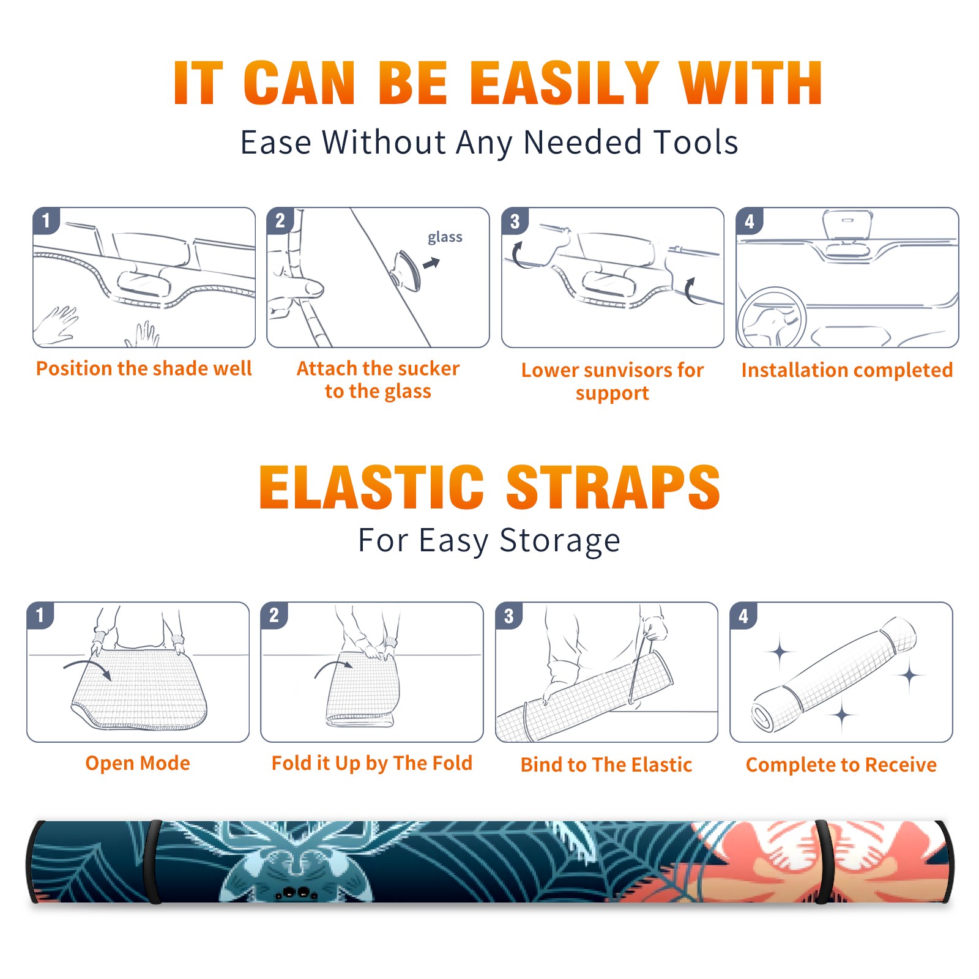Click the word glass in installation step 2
point(445,237)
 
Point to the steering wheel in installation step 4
point(771,319)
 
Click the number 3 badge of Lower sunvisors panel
point(515,221)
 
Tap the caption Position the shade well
point(144,368)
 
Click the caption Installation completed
point(847,370)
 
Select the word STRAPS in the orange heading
point(613,487)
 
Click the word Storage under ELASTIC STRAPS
point(560,541)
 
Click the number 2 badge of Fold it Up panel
point(274,615)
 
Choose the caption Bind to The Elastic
point(606,765)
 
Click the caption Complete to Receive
point(841,765)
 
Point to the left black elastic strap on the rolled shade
point(154,862)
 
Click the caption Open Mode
point(138,764)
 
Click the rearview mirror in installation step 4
point(847,225)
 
